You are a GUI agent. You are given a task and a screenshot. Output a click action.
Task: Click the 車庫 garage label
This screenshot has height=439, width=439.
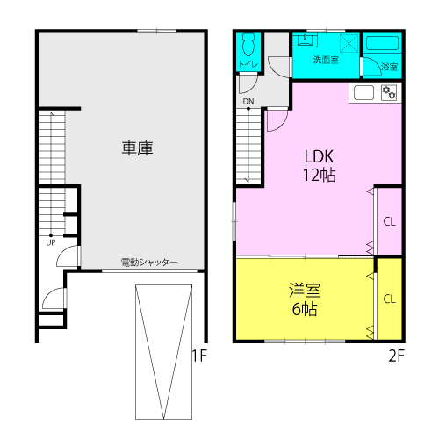point(138,148)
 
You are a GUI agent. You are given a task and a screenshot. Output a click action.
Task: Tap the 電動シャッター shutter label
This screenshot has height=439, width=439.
point(149,263)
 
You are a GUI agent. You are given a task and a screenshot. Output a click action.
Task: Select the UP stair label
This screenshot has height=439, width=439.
point(51,242)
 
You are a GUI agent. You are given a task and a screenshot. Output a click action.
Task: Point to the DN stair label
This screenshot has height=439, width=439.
point(248,102)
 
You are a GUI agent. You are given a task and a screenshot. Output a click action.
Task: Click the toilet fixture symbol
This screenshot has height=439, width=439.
point(248,45)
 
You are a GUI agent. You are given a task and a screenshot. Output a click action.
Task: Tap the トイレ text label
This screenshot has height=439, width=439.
point(248,64)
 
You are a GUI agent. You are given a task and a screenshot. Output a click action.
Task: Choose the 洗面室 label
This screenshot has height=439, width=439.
point(326,60)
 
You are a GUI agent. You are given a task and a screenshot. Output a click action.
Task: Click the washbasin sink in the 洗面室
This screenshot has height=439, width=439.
point(306,40)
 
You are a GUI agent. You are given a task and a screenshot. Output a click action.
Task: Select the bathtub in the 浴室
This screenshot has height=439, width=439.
point(382,43)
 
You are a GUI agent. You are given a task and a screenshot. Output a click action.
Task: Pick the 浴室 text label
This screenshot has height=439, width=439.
point(390,67)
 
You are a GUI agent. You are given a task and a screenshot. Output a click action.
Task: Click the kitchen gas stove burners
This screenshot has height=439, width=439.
point(389,92)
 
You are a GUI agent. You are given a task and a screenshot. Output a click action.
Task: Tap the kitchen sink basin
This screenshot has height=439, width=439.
point(363,92)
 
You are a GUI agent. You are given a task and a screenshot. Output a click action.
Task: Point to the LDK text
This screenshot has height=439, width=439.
point(319,156)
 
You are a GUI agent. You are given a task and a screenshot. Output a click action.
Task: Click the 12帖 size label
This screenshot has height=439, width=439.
point(319,175)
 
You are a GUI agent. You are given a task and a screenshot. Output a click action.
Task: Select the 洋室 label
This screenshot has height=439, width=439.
point(305,290)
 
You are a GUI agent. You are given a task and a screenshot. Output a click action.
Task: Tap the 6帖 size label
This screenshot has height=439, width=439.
point(305,309)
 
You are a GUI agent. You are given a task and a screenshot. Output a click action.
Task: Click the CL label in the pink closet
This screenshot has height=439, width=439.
point(389,221)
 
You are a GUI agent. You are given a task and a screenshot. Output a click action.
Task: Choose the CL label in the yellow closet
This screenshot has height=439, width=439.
point(389,299)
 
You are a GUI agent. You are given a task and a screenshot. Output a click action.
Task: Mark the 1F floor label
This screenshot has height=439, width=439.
point(199,356)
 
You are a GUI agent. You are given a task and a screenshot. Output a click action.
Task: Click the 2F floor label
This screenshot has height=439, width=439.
point(397,356)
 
